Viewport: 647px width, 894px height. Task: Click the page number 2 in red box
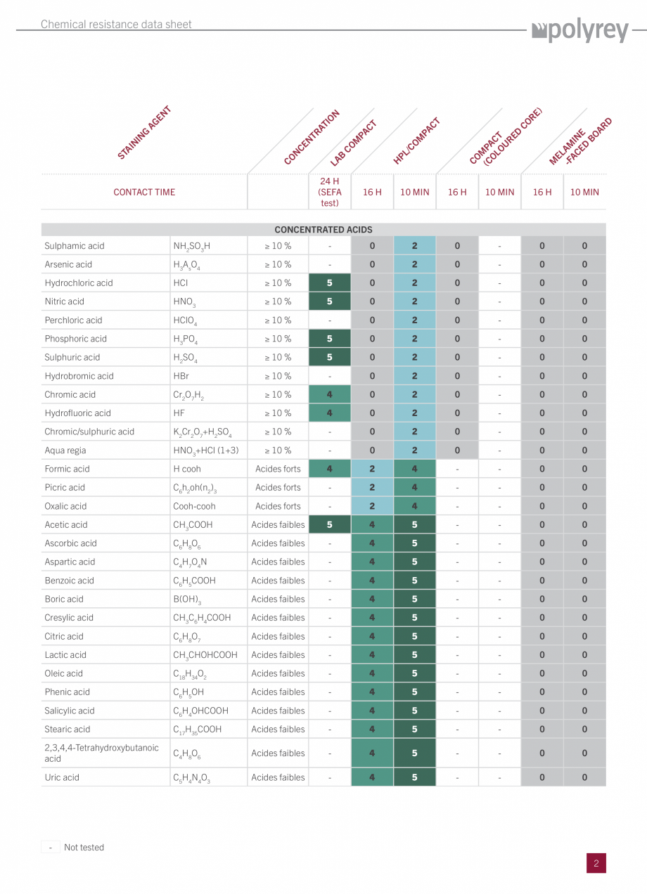pos(596,864)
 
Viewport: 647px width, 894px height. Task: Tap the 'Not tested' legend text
pos(84,848)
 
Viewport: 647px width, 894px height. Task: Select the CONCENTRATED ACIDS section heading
pos(323,230)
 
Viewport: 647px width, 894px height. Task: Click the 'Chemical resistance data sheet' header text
pos(116,25)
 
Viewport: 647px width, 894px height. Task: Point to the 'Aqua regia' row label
pos(65,451)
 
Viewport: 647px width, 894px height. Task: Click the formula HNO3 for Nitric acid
pos(184,302)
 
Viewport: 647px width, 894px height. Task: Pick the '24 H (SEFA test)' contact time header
pos(329,192)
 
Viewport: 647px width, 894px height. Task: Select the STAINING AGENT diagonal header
pos(144,132)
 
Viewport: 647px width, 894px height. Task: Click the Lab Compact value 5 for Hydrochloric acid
pos(329,283)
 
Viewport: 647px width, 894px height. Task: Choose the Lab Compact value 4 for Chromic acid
pos(329,395)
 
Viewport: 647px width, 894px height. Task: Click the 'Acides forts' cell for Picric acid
pos(278,488)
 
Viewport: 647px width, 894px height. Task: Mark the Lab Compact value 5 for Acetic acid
pos(329,525)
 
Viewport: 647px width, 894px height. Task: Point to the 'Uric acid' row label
pos(62,777)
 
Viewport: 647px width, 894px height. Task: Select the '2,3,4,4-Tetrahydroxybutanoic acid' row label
pos(101,753)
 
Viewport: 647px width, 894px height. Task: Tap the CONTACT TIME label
pos(144,192)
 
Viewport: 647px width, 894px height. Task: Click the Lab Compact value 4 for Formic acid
pos(329,469)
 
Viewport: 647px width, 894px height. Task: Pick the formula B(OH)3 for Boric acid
pos(187,600)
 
